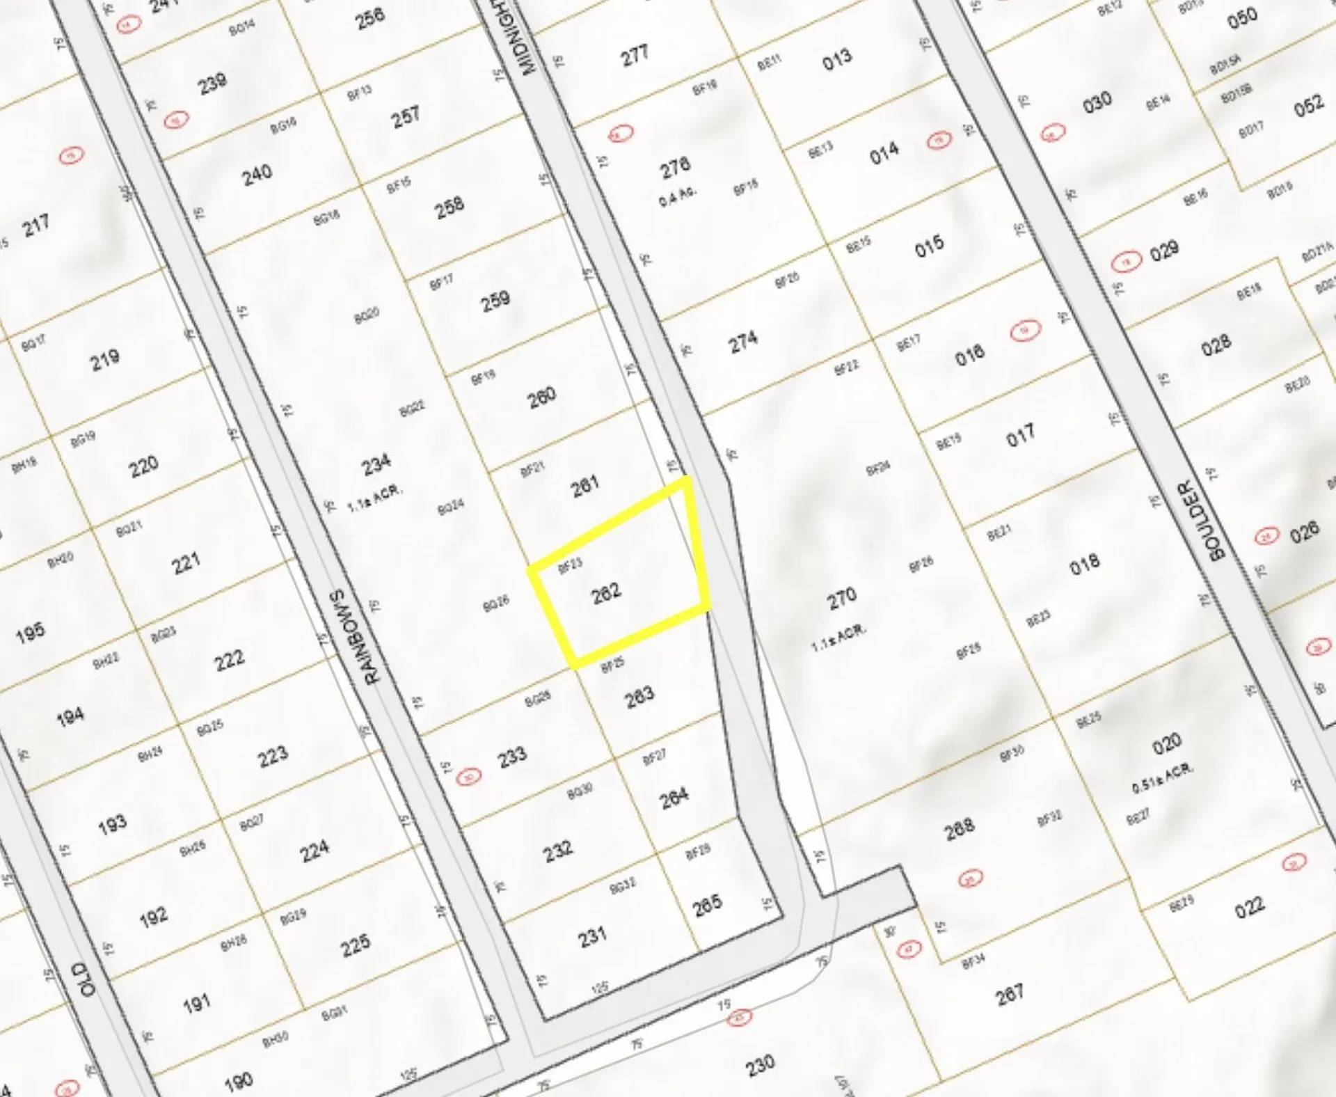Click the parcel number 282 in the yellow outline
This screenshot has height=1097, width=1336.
tap(606, 593)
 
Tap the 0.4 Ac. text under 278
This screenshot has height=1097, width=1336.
tap(676, 195)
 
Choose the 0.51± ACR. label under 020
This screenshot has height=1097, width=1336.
tap(1162, 778)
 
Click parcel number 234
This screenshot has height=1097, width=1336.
tap(376, 464)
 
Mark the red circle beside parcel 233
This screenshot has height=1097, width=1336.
tap(469, 776)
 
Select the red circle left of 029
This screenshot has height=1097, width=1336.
tap(1126, 262)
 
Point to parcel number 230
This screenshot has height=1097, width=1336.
tap(760, 1064)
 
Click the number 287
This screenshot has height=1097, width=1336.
tap(1010, 993)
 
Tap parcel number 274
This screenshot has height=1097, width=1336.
tap(742, 341)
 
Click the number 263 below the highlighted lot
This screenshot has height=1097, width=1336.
tap(639, 695)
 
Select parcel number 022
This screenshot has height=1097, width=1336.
tap(1249, 906)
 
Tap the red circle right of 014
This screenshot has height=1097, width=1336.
tap(939, 141)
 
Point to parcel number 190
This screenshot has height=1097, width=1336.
tap(238, 1081)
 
